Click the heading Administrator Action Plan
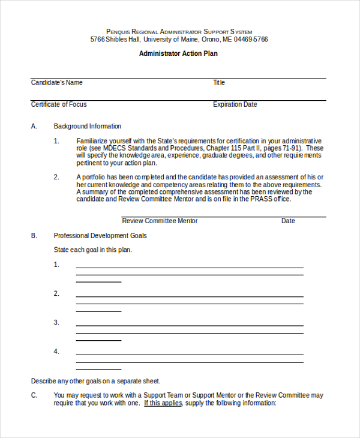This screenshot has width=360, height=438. (178, 53)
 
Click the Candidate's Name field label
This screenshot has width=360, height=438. (57, 83)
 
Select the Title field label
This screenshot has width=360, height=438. (219, 83)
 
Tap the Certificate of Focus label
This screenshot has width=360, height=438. (59, 104)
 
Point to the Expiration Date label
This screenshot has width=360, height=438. (235, 104)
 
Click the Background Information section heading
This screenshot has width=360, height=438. (88, 127)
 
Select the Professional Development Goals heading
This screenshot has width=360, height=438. (100, 236)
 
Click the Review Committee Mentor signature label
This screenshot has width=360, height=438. (160, 221)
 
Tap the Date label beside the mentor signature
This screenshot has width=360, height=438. (288, 221)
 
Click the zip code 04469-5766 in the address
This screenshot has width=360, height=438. (251, 40)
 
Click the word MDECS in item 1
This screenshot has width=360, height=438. (114, 148)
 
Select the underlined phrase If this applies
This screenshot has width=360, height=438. (163, 403)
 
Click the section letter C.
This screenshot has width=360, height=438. (34, 395)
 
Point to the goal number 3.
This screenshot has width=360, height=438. (56, 322)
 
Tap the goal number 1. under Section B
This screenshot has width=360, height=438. (56, 265)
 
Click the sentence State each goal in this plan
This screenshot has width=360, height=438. (93, 250)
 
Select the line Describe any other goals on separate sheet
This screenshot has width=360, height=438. (96, 381)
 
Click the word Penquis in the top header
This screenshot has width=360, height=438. (119, 32)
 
